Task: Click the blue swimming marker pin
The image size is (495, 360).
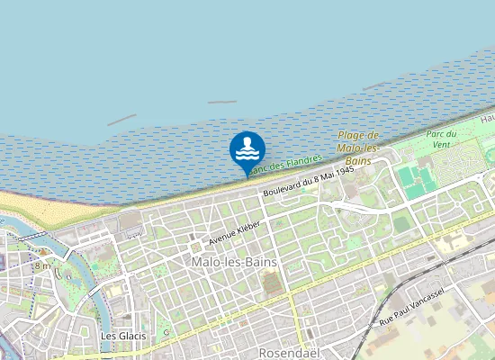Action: [247, 149]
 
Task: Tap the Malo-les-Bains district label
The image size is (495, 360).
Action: [234, 261]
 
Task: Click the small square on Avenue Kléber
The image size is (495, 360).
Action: [194, 246]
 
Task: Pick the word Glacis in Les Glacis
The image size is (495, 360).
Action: [131, 336]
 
